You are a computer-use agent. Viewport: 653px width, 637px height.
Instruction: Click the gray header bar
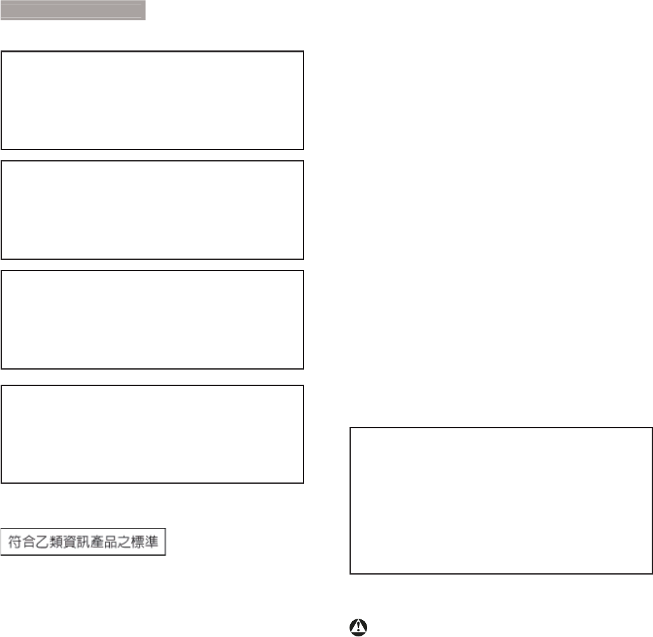(x=73, y=10)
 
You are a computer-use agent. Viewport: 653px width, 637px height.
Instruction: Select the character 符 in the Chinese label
(x=14, y=542)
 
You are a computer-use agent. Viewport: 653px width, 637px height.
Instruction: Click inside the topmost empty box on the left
(x=152, y=100)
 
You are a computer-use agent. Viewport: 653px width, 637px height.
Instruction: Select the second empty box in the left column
(x=152, y=210)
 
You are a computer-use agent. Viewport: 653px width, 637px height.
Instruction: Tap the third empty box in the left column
(x=152, y=320)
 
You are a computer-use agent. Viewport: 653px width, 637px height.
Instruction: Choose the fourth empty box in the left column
(x=152, y=435)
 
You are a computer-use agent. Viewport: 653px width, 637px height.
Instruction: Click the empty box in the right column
(x=501, y=501)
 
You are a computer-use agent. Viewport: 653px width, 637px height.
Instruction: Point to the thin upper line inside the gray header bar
(x=73, y=4)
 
